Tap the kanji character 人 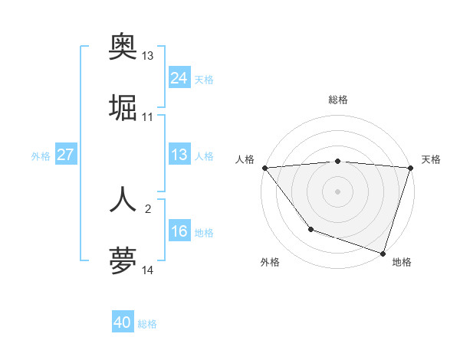[x=123, y=198]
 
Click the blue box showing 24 [x=179, y=78]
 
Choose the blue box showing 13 [x=179, y=155]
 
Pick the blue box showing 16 [x=179, y=231]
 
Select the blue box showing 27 [x=65, y=155]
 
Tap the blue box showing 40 [x=123, y=323]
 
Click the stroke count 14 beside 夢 [x=148, y=270]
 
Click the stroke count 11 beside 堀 [x=148, y=117]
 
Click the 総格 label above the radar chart [x=337, y=100]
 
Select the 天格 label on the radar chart [x=431, y=159]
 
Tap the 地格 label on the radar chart [x=402, y=262]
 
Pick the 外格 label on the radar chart [x=270, y=262]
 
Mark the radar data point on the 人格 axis [x=264, y=168]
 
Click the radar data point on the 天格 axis [x=410, y=168]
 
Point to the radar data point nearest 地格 [x=383, y=253]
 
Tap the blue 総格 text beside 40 [x=147, y=324]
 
